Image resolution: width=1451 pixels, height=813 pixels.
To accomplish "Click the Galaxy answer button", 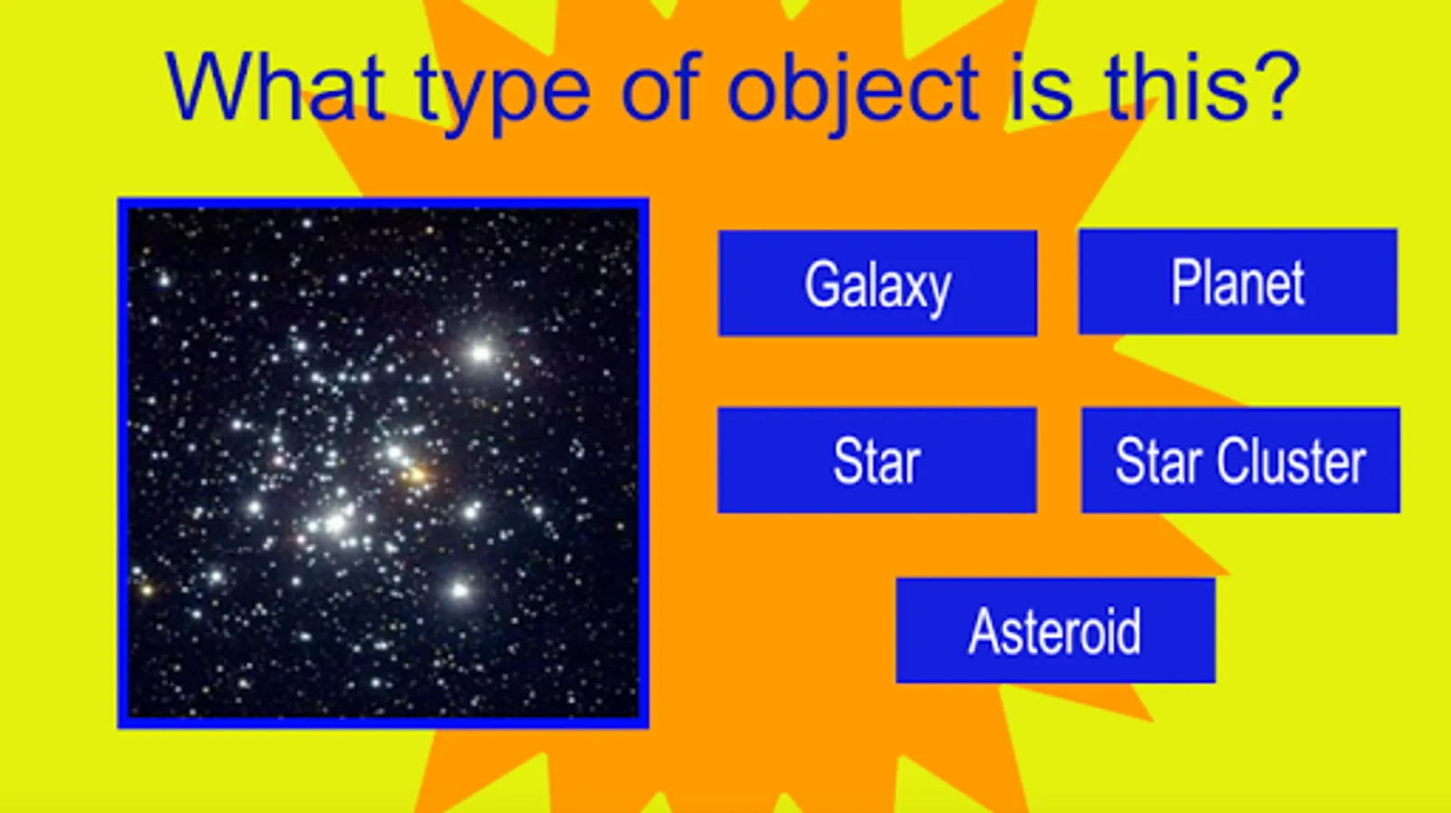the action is pyautogui.click(x=877, y=283).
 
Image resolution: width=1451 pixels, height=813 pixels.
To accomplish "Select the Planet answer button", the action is pyautogui.click(x=1238, y=282).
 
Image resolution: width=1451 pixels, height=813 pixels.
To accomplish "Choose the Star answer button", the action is pyautogui.click(x=877, y=460).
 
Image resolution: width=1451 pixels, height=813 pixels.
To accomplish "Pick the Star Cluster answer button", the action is pyautogui.click(x=1241, y=460).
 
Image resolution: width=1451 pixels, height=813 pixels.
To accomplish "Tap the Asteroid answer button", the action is pyautogui.click(x=1055, y=631).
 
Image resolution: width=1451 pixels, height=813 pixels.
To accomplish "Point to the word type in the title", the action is pyautogui.click(x=503, y=94).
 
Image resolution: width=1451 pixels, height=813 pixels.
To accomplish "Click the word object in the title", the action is pyautogui.click(x=853, y=94).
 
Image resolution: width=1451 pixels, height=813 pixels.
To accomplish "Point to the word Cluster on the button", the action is pyautogui.click(x=1292, y=461).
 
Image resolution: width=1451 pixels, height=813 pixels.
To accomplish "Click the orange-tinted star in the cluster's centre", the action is pyautogui.click(x=417, y=476).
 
